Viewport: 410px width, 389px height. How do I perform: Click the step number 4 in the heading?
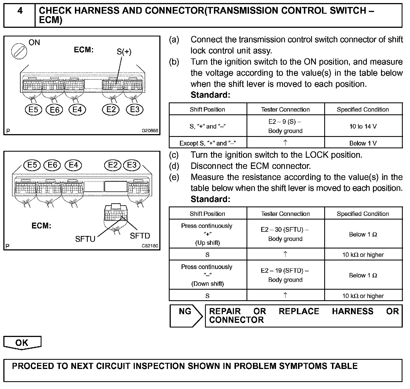(x=20, y=11)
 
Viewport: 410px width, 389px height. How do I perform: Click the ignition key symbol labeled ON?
(x=19, y=51)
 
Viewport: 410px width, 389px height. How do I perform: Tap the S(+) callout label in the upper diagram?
(x=124, y=52)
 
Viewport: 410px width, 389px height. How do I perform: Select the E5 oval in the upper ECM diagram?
(x=33, y=110)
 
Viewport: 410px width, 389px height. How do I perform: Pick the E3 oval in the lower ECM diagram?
(x=132, y=165)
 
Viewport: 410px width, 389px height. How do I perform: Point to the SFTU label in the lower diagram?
(x=85, y=239)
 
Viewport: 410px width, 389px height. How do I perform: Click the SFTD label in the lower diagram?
(x=140, y=236)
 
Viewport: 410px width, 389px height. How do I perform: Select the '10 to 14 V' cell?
(x=363, y=126)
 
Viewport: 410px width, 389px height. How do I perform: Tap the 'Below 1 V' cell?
(x=363, y=143)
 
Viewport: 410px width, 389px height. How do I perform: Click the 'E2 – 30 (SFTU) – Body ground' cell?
(x=285, y=234)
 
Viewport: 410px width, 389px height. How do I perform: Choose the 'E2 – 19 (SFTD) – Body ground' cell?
(x=285, y=275)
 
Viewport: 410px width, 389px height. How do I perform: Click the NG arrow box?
(x=186, y=316)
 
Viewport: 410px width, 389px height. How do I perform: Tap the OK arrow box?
(x=22, y=343)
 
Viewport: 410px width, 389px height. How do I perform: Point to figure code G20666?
(x=150, y=131)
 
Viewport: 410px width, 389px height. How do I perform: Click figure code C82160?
(x=150, y=246)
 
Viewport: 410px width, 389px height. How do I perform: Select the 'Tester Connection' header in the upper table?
(x=285, y=109)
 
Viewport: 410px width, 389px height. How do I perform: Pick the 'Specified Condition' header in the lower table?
(x=363, y=214)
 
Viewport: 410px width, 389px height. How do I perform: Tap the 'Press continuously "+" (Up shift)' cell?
(x=207, y=234)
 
